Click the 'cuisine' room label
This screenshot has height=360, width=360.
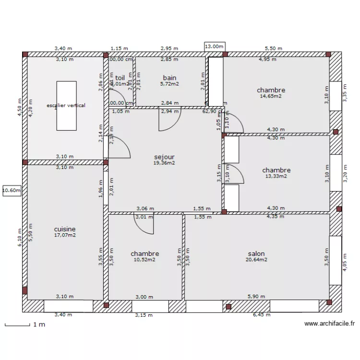tap(65, 229)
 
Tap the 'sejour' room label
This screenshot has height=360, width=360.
tap(164, 157)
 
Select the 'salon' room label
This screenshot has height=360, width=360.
tap(256, 254)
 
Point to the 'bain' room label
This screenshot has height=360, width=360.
tap(169, 78)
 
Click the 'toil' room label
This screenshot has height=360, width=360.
tap(120, 78)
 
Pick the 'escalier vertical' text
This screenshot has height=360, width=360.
tap(66, 105)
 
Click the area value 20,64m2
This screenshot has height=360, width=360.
tap(256, 260)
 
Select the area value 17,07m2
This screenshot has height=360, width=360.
tap(65, 235)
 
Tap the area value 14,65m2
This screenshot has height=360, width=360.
tap(271, 96)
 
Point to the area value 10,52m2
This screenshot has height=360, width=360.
tap(144, 260)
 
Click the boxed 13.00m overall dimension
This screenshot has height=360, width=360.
tap(214, 47)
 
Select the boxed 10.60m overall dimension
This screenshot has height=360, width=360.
tap(12, 191)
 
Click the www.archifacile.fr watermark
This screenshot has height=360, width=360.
tap(329, 324)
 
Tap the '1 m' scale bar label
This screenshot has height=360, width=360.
tap(39, 325)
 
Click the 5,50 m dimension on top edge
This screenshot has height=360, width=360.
tap(274, 48)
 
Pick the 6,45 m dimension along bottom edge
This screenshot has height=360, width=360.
tap(262, 315)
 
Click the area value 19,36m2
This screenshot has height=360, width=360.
tap(164, 163)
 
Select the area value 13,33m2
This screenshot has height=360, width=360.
tap(276, 176)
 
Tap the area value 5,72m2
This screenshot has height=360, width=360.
tap(169, 84)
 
